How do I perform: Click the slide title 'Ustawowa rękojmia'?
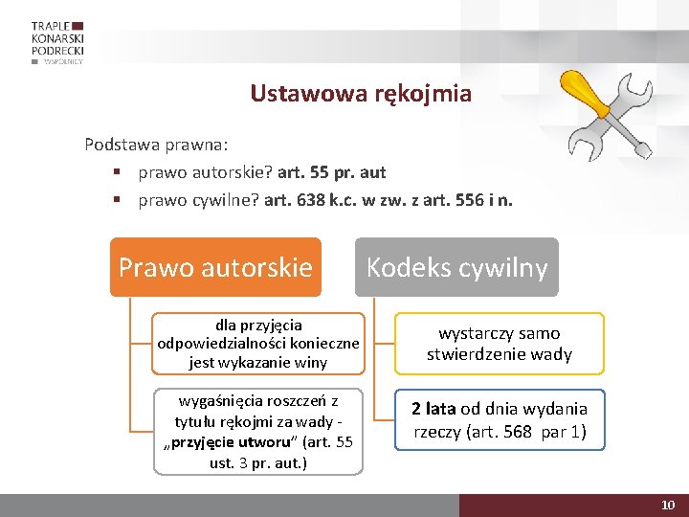click(x=361, y=94)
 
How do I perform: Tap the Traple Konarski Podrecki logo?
click(x=57, y=42)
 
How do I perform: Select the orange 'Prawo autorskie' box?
click(x=215, y=267)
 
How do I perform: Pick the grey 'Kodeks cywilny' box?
click(x=456, y=267)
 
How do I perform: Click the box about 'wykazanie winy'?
click(x=258, y=343)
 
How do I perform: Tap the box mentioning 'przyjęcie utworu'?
click(x=258, y=431)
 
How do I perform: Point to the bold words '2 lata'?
click(x=433, y=409)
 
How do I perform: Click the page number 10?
click(x=668, y=505)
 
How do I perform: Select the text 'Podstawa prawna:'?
click(x=156, y=146)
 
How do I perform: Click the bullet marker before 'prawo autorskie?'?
click(x=115, y=172)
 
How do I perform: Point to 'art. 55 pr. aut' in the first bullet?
click(x=331, y=172)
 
